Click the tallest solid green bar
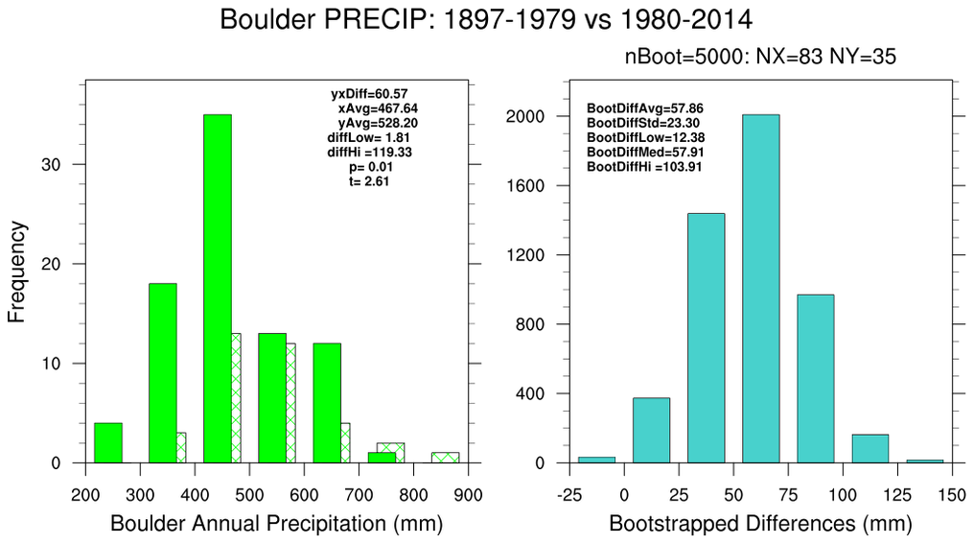pyautogui.click(x=217, y=288)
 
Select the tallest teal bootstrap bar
pyautogui.click(x=760, y=288)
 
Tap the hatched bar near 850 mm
pyautogui.click(x=445, y=458)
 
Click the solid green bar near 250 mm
pyautogui.click(x=108, y=442)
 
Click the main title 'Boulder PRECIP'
pyautogui.click(x=487, y=19)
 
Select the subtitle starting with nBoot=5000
pyautogui.click(x=760, y=58)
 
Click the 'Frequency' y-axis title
pyautogui.click(x=17, y=272)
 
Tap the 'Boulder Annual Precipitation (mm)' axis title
pyautogui.click(x=277, y=524)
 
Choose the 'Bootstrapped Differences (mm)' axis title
pyautogui.click(x=760, y=524)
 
